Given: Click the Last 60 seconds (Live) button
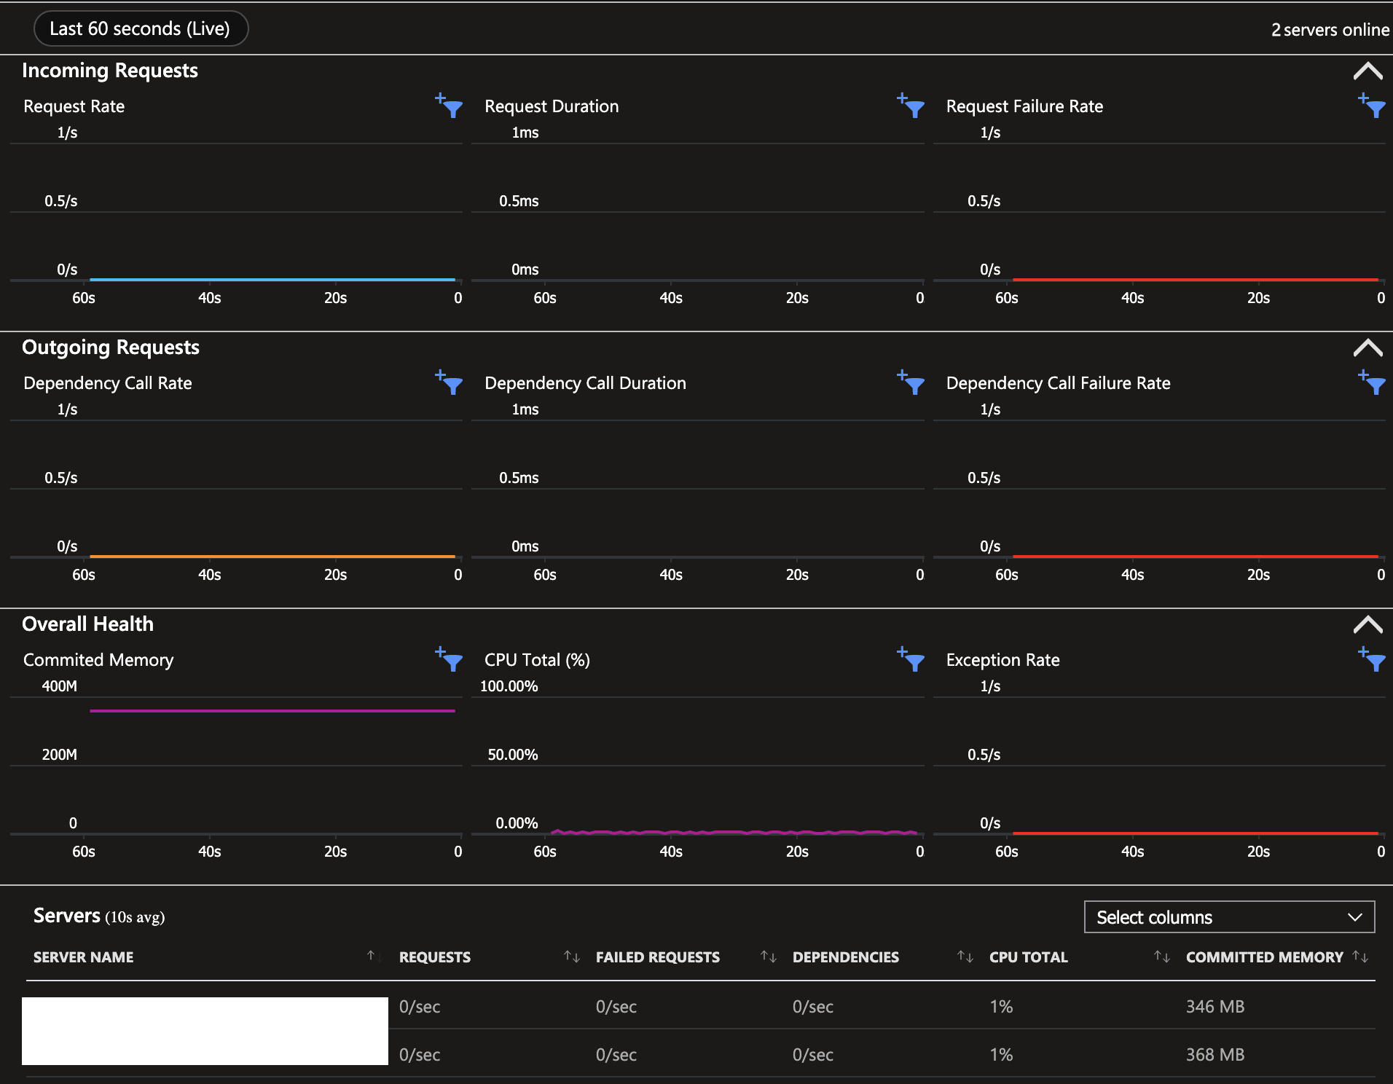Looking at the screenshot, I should click(x=140, y=29).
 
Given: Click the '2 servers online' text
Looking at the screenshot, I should click(x=1330, y=30).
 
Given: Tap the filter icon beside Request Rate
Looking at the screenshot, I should click(x=450, y=106).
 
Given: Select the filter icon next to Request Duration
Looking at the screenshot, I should click(x=912, y=106).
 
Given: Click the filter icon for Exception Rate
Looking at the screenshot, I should click(x=1373, y=660).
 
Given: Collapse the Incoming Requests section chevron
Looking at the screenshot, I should click(x=1368, y=71).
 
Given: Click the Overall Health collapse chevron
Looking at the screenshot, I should click(x=1368, y=625).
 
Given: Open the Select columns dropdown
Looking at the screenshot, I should click(x=1229, y=917).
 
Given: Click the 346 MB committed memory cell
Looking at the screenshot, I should click(x=1215, y=1007).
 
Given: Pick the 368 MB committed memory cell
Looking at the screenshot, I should click(x=1215, y=1055).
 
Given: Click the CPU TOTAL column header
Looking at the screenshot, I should click(x=1028, y=957).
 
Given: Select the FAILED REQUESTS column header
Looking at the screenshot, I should click(x=657, y=957).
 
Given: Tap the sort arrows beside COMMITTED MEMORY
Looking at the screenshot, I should click(x=1360, y=957).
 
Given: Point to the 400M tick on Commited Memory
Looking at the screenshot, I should click(x=59, y=686).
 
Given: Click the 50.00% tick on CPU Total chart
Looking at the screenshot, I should click(x=512, y=755).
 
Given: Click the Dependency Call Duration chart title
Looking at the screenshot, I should click(x=585, y=383).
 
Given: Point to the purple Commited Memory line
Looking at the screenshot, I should click(x=272, y=711).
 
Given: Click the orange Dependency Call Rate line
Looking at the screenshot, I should click(x=272, y=557).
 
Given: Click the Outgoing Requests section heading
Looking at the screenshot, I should click(x=111, y=347).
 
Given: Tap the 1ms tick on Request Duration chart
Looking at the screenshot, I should click(x=525, y=133).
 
